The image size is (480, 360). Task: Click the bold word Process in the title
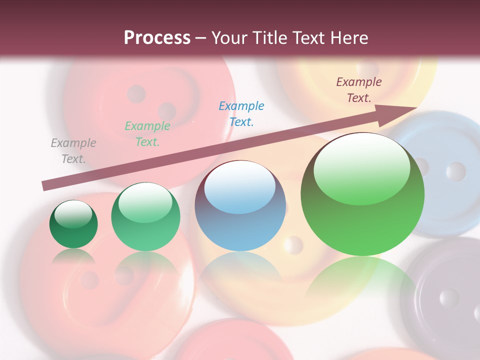pyautogui.click(x=157, y=37)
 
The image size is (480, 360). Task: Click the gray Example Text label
pyautogui.click(x=73, y=151)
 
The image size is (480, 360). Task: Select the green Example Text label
pyautogui.click(x=147, y=134)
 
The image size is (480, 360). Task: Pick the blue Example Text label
pyautogui.click(x=241, y=113)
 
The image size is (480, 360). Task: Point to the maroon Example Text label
pyautogui.click(x=359, y=90)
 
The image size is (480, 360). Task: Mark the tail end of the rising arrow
pyautogui.click(x=44, y=186)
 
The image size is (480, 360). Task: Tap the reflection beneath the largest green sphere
pyautogui.click(x=362, y=280)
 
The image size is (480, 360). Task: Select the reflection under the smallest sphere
pyautogui.click(x=73, y=257)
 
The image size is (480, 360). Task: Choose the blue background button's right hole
pyautogui.click(x=455, y=171)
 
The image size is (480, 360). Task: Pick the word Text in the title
pyautogui.click(x=307, y=37)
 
